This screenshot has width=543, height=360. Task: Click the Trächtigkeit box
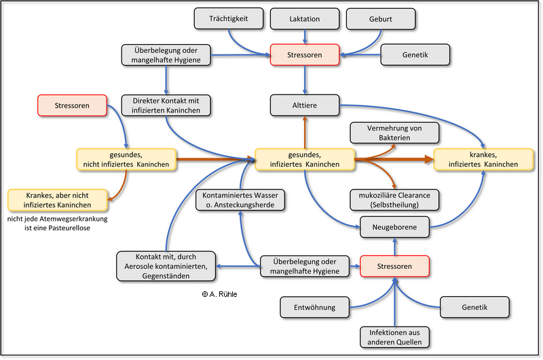pyautogui.click(x=229, y=19)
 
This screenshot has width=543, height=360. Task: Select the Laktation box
pyautogui.click(x=304, y=19)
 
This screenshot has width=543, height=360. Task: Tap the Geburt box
pyautogui.click(x=379, y=19)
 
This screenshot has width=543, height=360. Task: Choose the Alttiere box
pyautogui.click(x=304, y=105)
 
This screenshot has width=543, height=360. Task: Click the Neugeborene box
pyautogui.click(x=394, y=227)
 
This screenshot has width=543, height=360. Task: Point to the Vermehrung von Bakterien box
pyautogui.click(x=394, y=132)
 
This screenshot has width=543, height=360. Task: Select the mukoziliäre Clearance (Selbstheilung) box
pyautogui.click(x=394, y=200)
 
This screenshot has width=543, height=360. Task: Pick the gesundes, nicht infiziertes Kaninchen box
pyautogui.click(x=127, y=160)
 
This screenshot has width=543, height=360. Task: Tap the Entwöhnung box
pyautogui.click(x=314, y=307)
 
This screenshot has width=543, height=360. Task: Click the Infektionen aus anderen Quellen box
pyautogui.click(x=394, y=337)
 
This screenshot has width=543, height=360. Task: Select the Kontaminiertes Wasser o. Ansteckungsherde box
pyautogui.click(x=240, y=200)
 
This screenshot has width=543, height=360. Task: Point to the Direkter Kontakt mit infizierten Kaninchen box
pyautogui.click(x=166, y=105)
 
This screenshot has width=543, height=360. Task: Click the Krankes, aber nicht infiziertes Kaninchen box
pyautogui.click(x=58, y=200)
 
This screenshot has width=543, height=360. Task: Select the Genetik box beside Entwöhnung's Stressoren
pyautogui.click(x=474, y=307)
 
